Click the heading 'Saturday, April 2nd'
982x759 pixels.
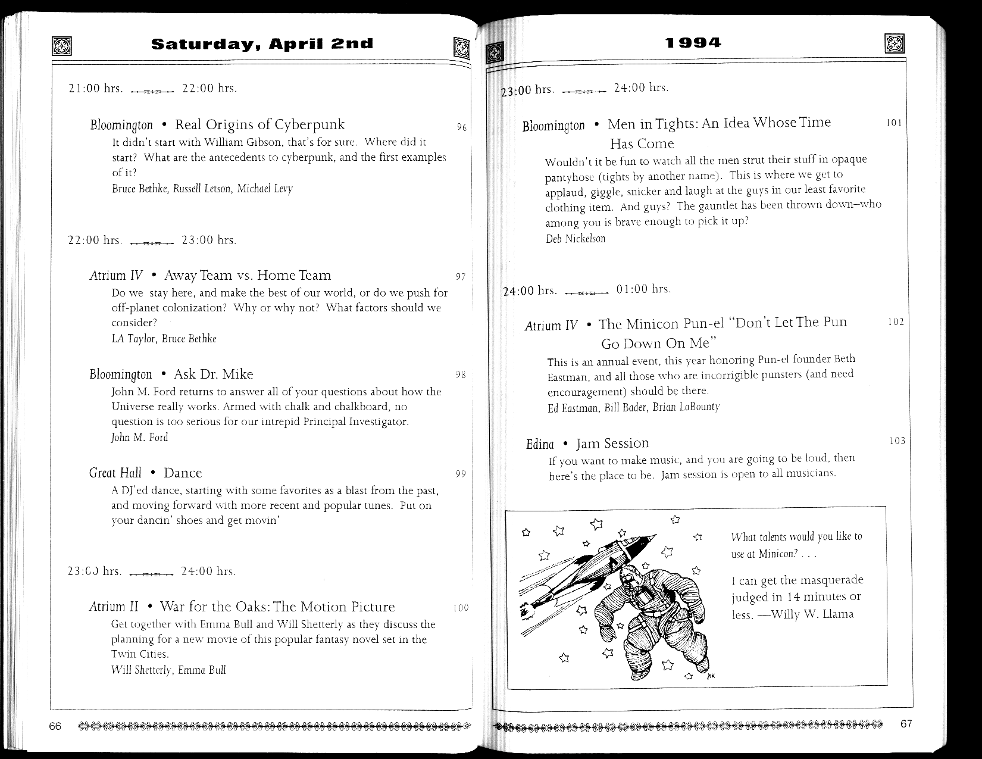tap(262, 43)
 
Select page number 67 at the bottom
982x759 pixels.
tap(906, 724)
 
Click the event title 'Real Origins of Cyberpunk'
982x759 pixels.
tap(259, 124)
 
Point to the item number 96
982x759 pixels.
tap(461, 127)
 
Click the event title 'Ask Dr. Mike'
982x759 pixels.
tap(213, 374)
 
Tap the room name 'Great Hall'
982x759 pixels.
tap(115, 473)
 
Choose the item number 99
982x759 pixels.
tap(460, 474)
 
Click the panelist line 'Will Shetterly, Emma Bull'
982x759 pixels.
tap(168, 670)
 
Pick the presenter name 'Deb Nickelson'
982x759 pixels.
tap(576, 239)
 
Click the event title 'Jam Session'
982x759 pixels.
tap(612, 443)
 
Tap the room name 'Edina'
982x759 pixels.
tap(539, 445)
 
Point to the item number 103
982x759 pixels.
tap(896, 441)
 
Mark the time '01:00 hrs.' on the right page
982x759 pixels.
tap(643, 289)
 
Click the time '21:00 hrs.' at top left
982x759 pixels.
tap(95, 89)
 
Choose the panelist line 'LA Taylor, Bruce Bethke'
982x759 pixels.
tap(164, 339)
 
